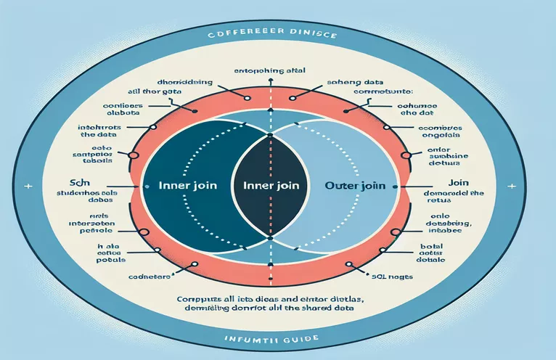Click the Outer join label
[x=350, y=184]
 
